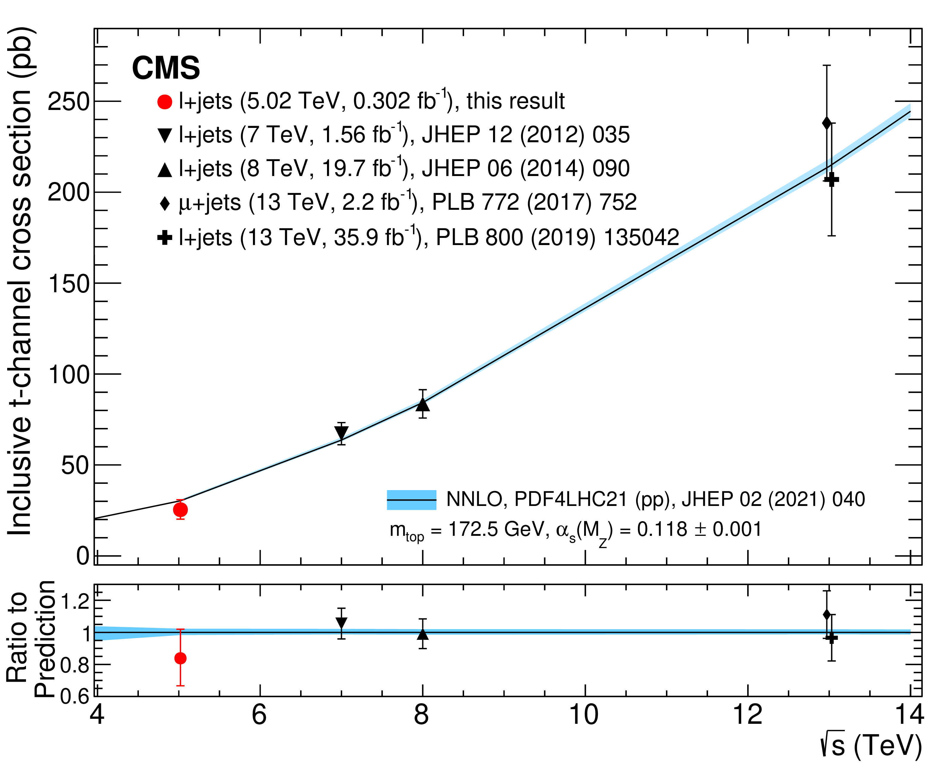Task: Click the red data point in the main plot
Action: pyautogui.click(x=180, y=509)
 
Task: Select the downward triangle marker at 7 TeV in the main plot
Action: pyautogui.click(x=341, y=432)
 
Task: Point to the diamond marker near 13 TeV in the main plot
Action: pyautogui.click(x=827, y=123)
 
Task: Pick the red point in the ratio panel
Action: pyautogui.click(x=180, y=658)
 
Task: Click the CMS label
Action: pyautogui.click(x=166, y=68)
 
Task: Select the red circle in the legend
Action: pyautogui.click(x=165, y=102)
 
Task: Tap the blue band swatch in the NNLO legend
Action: pyautogui.click(x=411, y=500)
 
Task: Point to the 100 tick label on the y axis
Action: pyautogui.click(x=69, y=374)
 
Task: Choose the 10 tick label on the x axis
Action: pyautogui.click(x=584, y=715)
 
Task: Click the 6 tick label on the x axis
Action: pyautogui.click(x=259, y=715)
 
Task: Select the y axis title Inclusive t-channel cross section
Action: pyautogui.click(x=20, y=281)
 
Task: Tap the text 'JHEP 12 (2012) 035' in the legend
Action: pyautogui.click(x=526, y=135)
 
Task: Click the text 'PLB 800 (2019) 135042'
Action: pyautogui.click(x=557, y=237)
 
